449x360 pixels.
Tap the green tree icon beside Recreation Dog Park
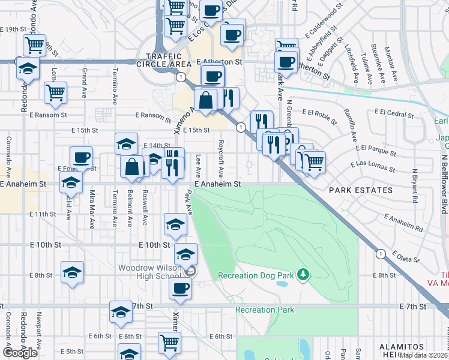pyautogui.click(x=304, y=275)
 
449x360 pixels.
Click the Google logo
pyautogui.click(x=20, y=353)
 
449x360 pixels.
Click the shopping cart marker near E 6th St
pyautogui.click(x=170, y=343)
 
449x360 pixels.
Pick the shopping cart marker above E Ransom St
pyautogui.click(x=55, y=92)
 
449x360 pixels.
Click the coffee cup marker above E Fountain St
pyautogui.click(x=81, y=158)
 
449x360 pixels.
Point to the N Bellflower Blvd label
pyautogui.click(x=444, y=181)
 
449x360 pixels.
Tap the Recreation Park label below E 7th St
pyautogui.click(x=265, y=310)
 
